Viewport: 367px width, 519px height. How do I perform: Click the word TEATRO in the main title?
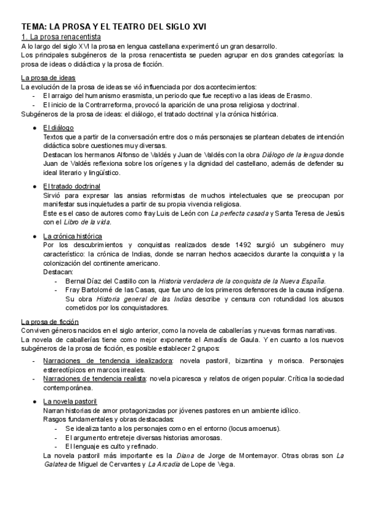click(116, 27)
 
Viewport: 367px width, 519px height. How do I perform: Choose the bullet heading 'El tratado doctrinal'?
click(72, 186)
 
